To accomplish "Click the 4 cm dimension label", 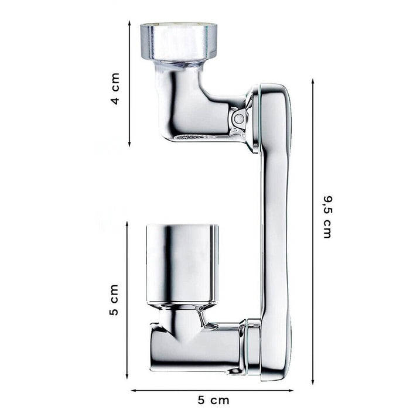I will click(115, 88).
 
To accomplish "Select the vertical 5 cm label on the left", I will click(114, 300).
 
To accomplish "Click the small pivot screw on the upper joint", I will click(238, 119).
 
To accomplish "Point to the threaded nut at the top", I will click(179, 41).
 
